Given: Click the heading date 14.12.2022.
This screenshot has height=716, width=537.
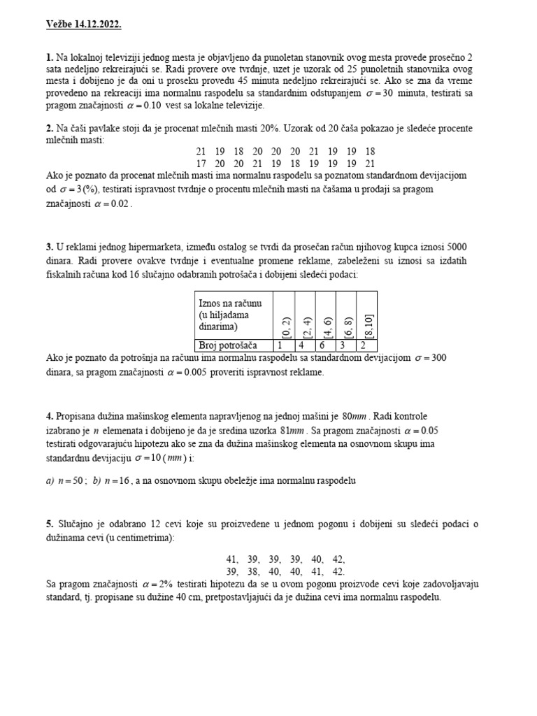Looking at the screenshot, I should (x=95, y=24).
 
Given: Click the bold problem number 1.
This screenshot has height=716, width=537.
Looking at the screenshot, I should (x=49, y=57).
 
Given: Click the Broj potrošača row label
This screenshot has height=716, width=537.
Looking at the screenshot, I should (x=228, y=345).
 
